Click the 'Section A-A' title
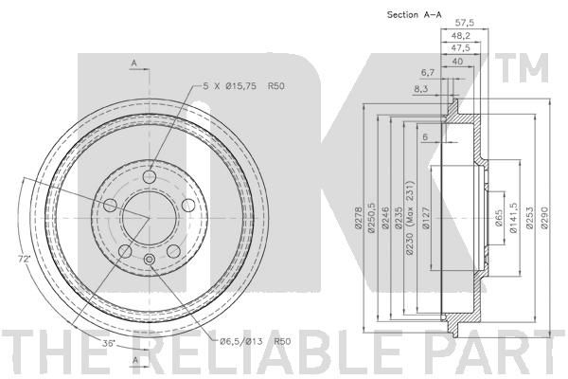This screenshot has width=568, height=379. coord(415,15)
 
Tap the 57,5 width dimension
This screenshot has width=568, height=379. coord(465,23)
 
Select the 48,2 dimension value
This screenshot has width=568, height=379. coord(461,36)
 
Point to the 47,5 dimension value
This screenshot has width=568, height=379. coord(461,48)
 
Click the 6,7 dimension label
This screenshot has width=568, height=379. coord(428,73)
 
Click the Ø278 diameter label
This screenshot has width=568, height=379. coord(359,218)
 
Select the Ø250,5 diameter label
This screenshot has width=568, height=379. coord(372,218)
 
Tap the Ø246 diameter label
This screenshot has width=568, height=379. coord(385,219)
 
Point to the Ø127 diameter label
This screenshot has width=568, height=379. coord(426,218)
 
